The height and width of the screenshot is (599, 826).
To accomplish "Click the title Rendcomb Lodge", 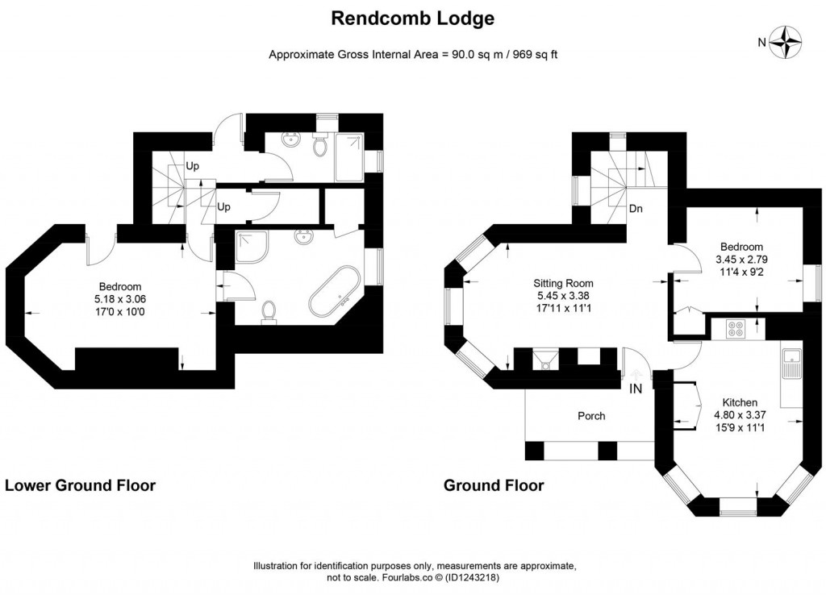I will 412,18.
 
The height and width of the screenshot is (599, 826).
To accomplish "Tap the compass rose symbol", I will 786,43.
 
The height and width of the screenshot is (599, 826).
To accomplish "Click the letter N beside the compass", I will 761,43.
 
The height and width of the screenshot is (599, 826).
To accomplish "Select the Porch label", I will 591,416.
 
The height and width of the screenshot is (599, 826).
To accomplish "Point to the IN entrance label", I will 636,389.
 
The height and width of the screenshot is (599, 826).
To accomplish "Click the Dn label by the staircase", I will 636,208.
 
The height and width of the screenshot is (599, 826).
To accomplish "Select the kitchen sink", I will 790,363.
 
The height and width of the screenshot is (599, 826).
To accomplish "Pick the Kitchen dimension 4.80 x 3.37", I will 739,415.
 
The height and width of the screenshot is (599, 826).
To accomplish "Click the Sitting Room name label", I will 563,283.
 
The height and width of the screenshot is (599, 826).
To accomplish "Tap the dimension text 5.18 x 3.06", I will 120,298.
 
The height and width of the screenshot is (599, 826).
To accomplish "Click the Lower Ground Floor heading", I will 81,485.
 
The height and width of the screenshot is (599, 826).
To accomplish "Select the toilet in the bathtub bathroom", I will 269,310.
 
